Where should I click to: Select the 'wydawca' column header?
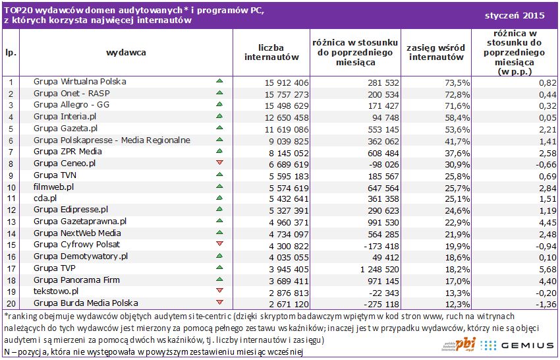[126, 51]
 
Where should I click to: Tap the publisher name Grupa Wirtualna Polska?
[80, 82]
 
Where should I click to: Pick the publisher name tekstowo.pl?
[56, 291]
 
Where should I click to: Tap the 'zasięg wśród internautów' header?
[435, 52]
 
